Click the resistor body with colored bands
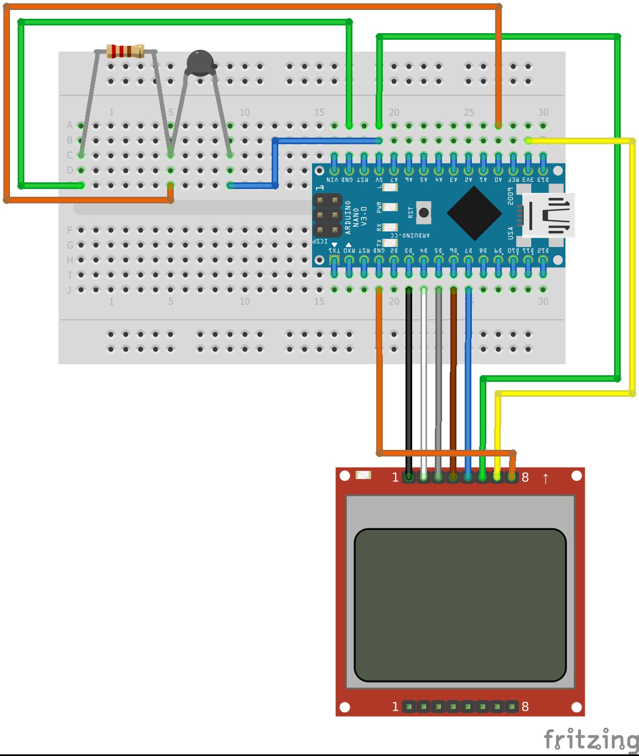125,51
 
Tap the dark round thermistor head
200,62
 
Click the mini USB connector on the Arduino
548,215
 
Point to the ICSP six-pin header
328,215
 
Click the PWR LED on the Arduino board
390,208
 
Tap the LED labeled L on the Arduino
390,187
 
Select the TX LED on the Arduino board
390,243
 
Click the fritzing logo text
590,739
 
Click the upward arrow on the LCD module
546,478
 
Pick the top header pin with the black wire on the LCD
409,476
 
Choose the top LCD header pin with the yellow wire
497,476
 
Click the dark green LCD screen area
460,605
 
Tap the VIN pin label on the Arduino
333,180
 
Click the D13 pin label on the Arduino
543,180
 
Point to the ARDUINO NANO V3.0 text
356,216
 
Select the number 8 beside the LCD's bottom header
525,706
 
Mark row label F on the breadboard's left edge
70,230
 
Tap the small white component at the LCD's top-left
363,475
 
